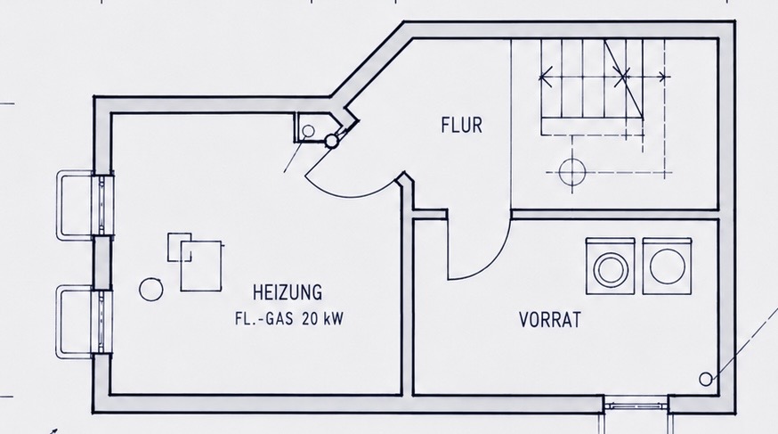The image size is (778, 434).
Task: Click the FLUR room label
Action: pyautogui.click(x=461, y=125)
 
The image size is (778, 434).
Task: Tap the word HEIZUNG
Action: pyautogui.click(x=288, y=292)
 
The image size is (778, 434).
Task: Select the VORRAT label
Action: pyautogui.click(x=550, y=320)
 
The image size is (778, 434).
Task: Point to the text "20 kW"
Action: pyautogui.click(x=322, y=318)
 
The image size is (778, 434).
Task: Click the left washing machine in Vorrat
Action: pyautogui.click(x=611, y=266)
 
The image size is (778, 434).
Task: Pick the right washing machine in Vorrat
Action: pyautogui.click(x=668, y=266)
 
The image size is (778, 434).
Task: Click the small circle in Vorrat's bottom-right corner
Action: pyautogui.click(x=705, y=380)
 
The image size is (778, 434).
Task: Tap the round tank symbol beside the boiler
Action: pyautogui.click(x=150, y=290)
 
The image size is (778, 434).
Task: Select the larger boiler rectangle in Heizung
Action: pyautogui.click(x=201, y=266)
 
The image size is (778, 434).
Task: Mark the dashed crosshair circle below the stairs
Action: pyautogui.click(x=572, y=172)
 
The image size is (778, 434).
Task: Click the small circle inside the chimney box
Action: pyautogui.click(x=308, y=131)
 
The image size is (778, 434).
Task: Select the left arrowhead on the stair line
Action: pyautogui.click(x=545, y=77)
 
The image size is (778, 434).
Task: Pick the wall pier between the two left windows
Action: pyautogui.click(x=102, y=262)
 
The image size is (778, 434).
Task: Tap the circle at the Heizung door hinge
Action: pyautogui.click(x=331, y=141)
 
